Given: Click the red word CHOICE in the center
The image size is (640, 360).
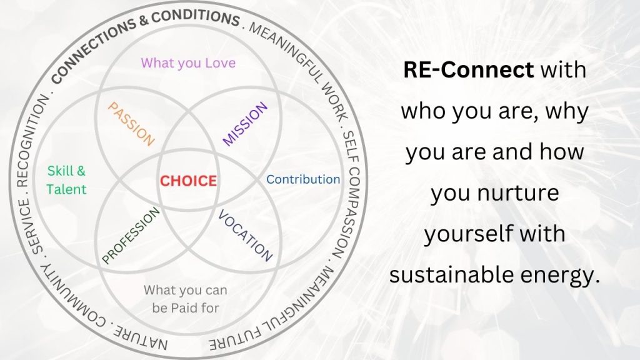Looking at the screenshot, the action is pos(188,181).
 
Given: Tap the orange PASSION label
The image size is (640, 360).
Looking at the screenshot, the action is pos(131,124).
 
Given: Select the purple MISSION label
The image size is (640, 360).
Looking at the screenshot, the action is pos(245,124).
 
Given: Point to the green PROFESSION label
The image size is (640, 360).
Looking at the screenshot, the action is pos(131,236).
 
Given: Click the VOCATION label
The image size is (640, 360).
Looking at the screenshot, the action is pos(245,236).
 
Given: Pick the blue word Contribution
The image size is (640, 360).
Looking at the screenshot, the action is pos(303,179).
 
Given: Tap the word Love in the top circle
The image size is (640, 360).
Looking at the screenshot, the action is pos(221,63).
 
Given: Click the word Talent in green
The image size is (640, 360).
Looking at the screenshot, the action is pos(66,189).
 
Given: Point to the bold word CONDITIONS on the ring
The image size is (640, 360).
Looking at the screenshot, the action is pos(196,17).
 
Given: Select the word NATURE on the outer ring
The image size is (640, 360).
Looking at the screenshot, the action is pos(140,337).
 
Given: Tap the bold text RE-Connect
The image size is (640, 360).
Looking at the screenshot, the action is pos(469,69).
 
